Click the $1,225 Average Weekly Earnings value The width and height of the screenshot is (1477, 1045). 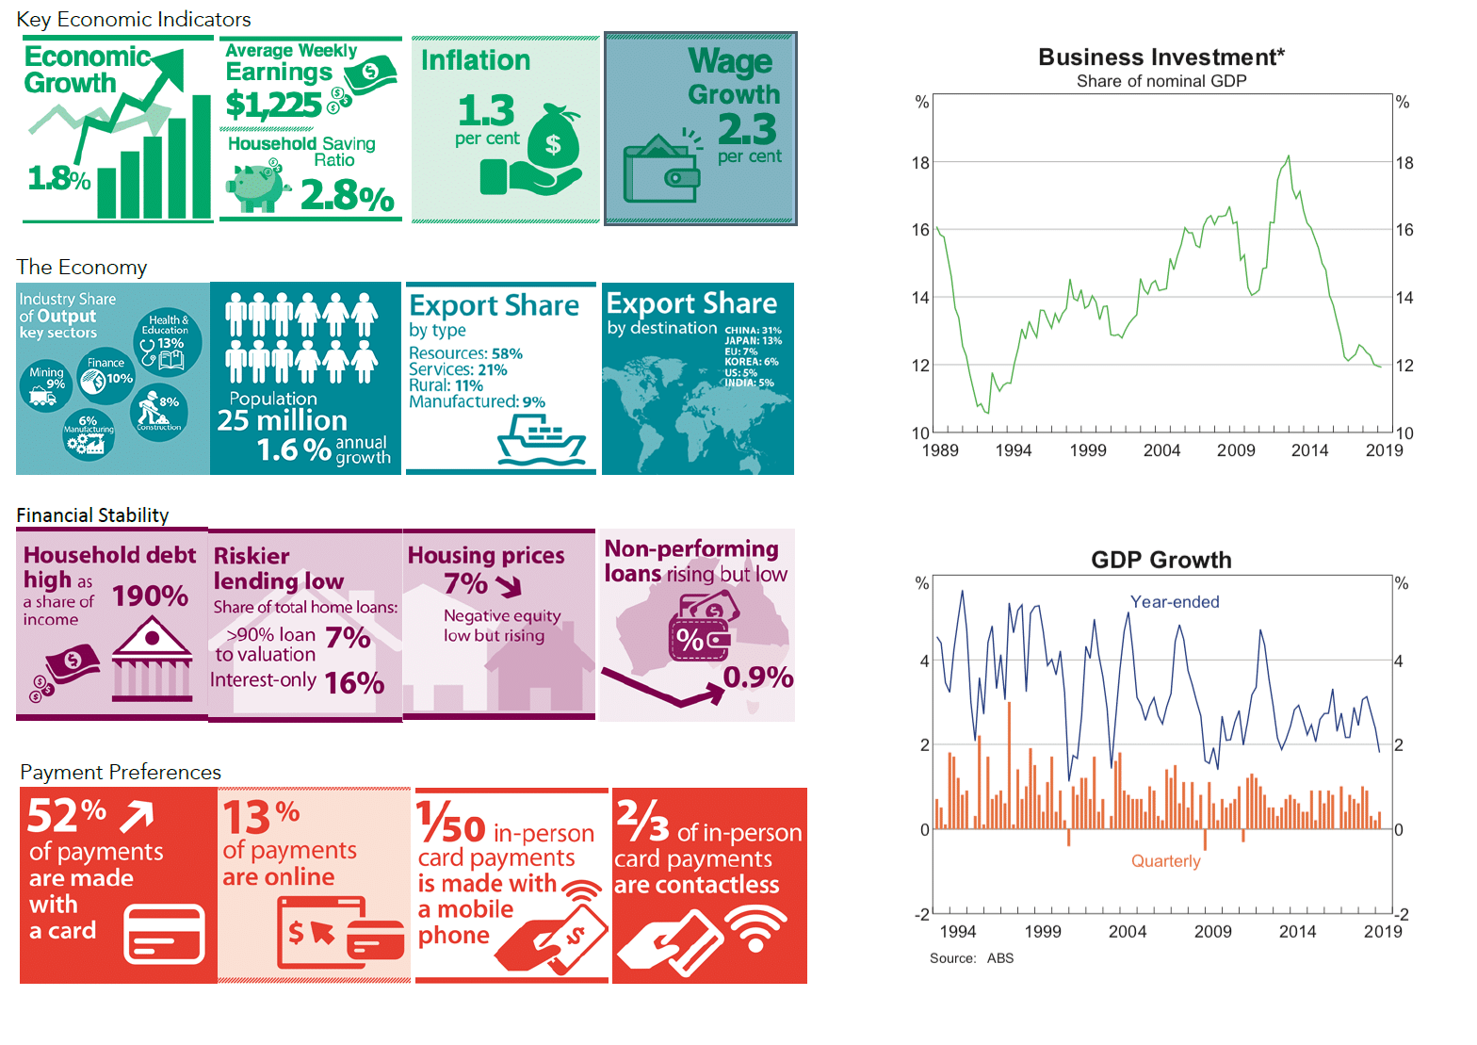273,105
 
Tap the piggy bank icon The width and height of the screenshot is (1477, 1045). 256,186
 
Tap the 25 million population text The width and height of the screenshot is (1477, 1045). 282,420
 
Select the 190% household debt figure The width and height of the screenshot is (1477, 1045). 151,596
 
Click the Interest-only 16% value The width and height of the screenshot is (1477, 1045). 353,683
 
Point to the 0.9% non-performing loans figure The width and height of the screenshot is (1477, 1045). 757,678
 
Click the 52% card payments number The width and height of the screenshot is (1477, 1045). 66,815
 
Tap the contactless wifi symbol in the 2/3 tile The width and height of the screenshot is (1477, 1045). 761,928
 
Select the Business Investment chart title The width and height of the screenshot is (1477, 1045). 1160,57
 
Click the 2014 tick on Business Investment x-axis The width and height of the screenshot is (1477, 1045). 1309,450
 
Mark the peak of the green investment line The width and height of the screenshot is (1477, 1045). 1288,156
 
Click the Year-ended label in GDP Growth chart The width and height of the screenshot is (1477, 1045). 1175,602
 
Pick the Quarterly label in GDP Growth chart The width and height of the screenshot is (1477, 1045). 1165,861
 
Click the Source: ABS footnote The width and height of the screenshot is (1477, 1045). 971,958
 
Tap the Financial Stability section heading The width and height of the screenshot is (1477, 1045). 92,515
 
